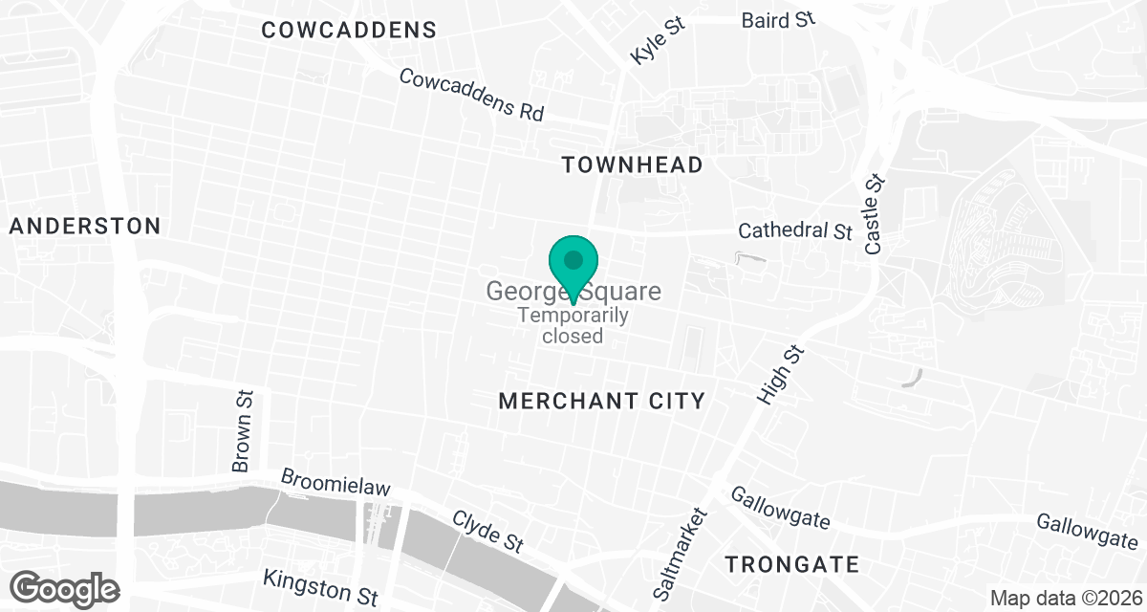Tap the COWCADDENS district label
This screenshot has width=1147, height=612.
pos(349,31)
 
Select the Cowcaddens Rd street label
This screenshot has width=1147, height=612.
pos(471,94)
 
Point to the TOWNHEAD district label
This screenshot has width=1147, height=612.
pos(632,165)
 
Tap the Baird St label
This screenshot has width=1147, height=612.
pos(778,19)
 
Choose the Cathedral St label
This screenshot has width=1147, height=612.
pos(795,231)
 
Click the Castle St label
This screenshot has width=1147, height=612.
pos(874,215)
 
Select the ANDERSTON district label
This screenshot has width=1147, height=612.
pos(85,227)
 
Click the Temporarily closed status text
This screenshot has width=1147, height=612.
pos(573,325)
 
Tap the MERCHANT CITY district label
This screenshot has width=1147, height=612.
pos(601,401)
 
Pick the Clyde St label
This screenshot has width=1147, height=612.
pos(487,531)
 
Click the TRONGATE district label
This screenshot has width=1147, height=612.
pos(792,564)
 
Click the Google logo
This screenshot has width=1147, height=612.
pos(65,586)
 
